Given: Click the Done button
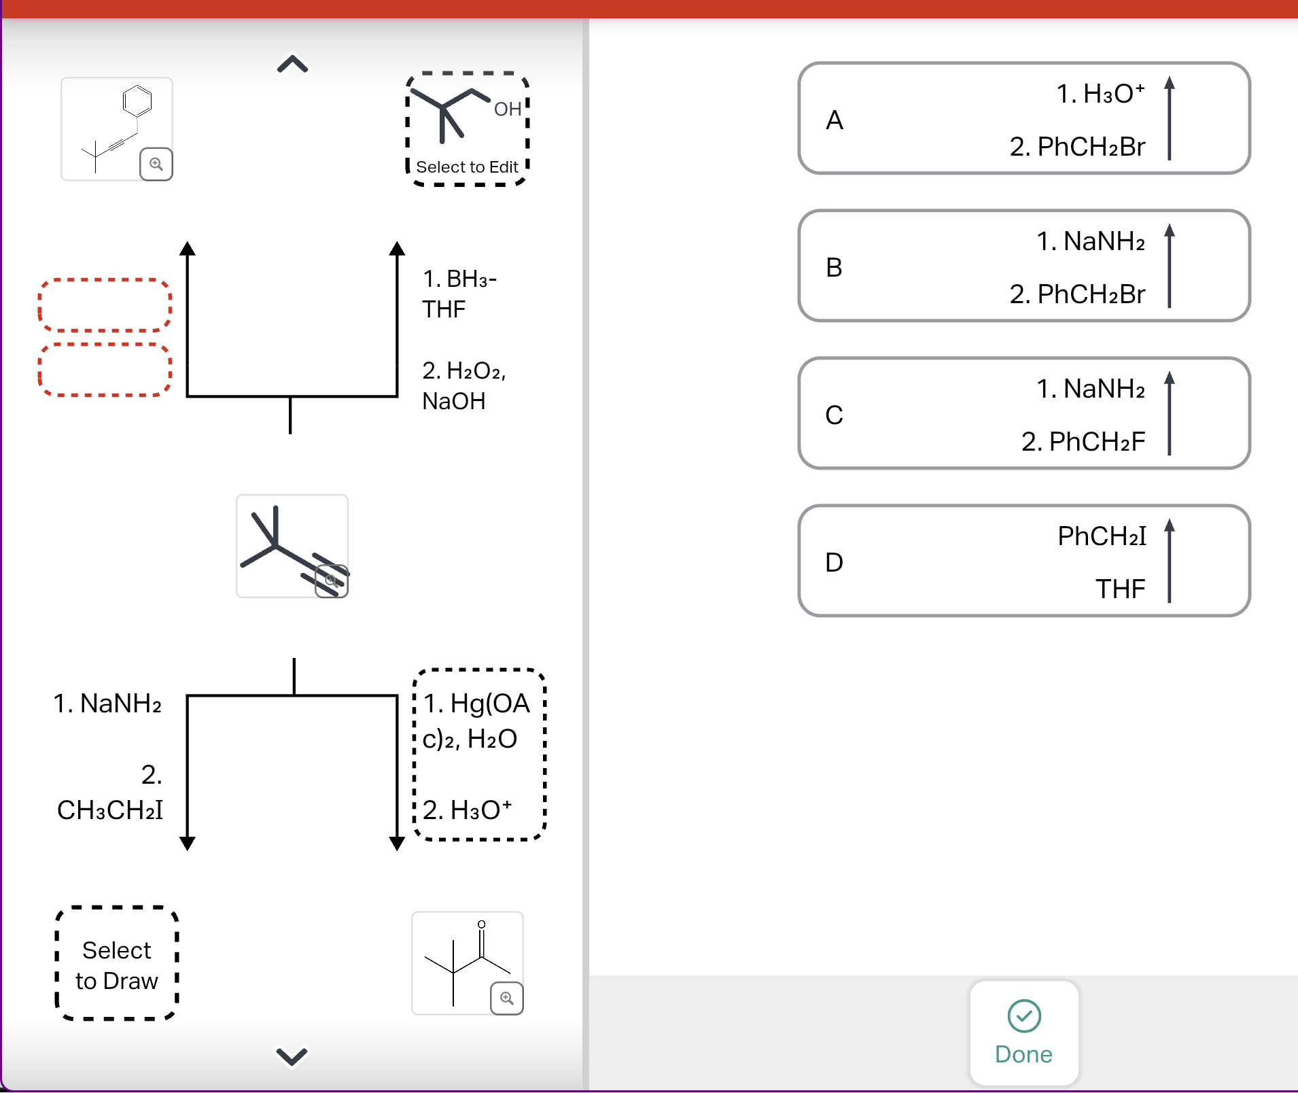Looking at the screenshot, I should coord(1023,1033).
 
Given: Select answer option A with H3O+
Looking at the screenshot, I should coord(1023,119).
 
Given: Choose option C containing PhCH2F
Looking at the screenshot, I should coord(1023,414).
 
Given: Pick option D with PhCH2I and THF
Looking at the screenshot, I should coord(1023,561).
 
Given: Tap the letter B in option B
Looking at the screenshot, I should coord(834,267).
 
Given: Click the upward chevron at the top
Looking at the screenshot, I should coord(292,65).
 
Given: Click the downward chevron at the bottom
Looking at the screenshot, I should coord(292,1056).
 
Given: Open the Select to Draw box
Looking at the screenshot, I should coord(116,965).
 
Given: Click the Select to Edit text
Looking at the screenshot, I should coord(467,167).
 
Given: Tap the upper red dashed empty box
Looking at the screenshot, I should coord(105,305).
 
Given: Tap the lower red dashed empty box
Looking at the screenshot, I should coord(105,370).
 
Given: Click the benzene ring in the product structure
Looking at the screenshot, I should coord(137,101).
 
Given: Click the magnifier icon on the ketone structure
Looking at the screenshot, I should coord(506,998).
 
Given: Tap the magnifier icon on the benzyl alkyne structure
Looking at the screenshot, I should coord(156,164).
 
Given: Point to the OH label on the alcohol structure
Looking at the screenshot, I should coord(508,109).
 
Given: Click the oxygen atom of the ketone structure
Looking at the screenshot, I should coord(481,924).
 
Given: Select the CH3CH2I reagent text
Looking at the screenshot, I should coord(110,810).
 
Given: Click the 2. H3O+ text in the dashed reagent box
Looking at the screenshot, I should coord(467,810).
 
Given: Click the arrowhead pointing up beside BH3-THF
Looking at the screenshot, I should coord(397,248).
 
